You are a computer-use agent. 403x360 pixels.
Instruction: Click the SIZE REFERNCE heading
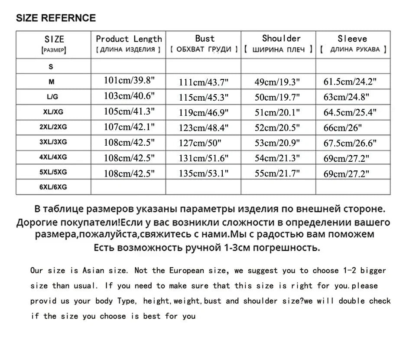point(55,18)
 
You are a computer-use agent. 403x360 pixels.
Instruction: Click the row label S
point(51,67)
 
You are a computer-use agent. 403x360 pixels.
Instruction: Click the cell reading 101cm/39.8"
point(129,80)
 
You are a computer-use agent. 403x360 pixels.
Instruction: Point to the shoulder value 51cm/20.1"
point(277,113)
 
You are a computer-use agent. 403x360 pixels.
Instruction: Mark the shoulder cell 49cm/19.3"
point(277,82)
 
